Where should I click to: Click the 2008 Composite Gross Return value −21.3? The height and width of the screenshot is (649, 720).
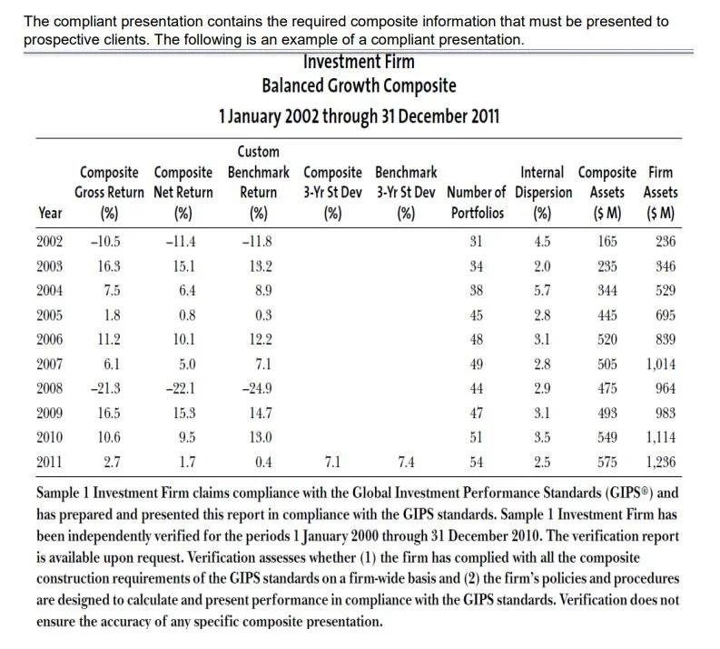(106, 388)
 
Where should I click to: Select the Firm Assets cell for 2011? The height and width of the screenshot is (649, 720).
(660, 462)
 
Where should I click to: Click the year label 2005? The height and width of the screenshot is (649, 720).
(51, 315)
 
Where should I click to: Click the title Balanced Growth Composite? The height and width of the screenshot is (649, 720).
(359, 87)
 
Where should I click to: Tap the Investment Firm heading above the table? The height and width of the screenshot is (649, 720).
(359, 63)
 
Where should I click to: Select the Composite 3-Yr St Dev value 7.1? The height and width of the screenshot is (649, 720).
(332, 462)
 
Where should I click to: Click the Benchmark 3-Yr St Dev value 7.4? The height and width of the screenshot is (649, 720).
(406, 462)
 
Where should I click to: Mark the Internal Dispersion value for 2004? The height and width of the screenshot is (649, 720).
(542, 290)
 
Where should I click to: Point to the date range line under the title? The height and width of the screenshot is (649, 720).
(359, 116)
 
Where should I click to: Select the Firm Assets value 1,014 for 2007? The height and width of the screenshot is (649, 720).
(660, 364)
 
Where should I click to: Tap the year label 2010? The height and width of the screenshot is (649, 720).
(51, 437)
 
